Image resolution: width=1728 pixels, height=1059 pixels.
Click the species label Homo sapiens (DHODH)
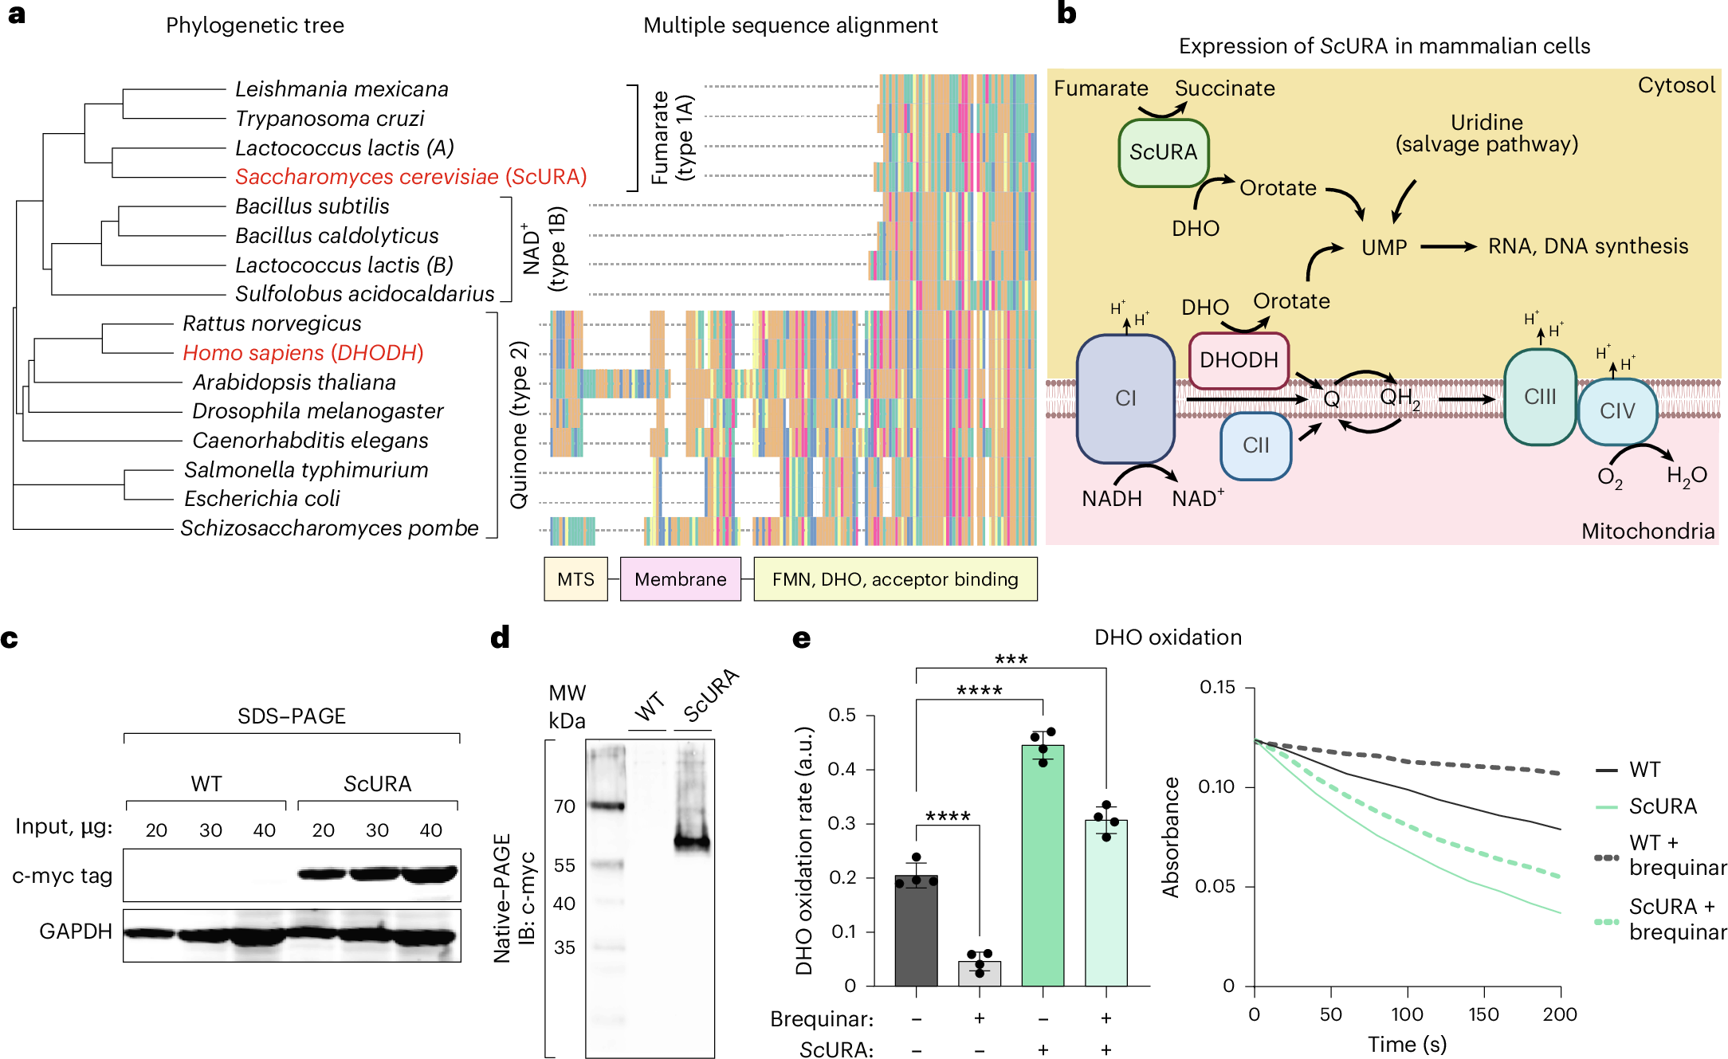click(303, 352)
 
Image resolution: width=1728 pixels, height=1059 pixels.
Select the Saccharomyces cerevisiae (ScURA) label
click(410, 176)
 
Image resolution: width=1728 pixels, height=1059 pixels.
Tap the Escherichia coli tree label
click(261, 499)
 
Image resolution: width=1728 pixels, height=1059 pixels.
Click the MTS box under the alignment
click(575, 579)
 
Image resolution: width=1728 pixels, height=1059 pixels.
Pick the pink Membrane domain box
click(680, 579)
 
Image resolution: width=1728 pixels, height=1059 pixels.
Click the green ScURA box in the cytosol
click(1163, 152)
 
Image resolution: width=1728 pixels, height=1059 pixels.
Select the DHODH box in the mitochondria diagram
click(1239, 360)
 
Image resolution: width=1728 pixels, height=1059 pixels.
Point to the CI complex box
click(1125, 398)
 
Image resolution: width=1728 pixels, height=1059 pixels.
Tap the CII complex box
click(1255, 445)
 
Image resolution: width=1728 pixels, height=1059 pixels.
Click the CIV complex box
click(1617, 411)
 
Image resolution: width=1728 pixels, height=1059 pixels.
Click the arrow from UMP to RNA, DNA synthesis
click(1447, 247)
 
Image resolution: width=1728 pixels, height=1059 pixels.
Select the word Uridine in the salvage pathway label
click(1486, 123)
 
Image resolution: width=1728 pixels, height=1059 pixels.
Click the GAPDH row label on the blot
click(76, 932)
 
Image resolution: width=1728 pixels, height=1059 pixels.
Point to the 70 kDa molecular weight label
click(564, 806)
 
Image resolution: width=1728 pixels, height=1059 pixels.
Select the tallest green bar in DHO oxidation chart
click(1043, 865)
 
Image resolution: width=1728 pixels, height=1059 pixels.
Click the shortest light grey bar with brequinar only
click(980, 974)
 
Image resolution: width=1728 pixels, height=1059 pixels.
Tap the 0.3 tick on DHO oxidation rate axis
click(842, 823)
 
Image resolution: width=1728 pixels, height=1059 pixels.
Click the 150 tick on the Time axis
click(1483, 1014)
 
